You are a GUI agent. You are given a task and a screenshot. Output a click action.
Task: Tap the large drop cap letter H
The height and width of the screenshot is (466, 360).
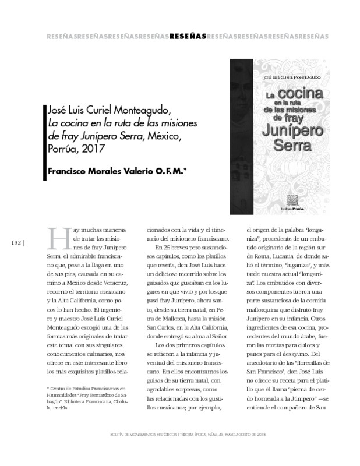click(x=56, y=241)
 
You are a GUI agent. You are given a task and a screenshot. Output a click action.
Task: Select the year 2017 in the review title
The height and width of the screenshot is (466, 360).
click(x=87, y=149)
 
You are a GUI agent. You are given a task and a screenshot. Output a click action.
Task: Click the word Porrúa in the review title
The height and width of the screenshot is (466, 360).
click(x=60, y=149)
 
